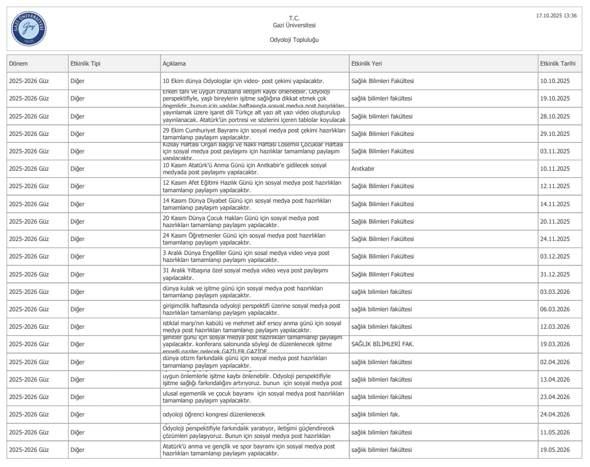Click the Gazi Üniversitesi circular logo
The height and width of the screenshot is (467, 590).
(x=28, y=28)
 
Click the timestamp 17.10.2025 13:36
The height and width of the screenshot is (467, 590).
(x=556, y=16)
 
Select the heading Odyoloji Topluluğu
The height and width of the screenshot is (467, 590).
(x=294, y=40)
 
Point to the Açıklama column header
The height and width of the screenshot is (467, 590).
(x=174, y=63)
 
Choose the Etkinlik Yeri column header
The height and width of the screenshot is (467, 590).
(x=366, y=63)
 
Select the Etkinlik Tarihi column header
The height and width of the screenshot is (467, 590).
(x=557, y=63)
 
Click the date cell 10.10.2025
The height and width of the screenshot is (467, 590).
(x=555, y=81)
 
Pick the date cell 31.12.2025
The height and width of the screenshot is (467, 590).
(x=555, y=274)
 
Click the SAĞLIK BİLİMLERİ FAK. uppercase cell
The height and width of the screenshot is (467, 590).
(x=382, y=344)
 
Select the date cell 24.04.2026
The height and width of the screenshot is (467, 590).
(x=555, y=415)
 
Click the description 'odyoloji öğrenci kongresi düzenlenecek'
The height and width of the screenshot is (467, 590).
(x=213, y=415)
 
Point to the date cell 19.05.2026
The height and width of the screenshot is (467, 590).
(x=555, y=450)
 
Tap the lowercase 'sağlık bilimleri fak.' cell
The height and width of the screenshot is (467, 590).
(x=376, y=415)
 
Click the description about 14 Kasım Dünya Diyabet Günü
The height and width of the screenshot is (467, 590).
(x=246, y=204)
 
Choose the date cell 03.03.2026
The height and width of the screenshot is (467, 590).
(x=555, y=292)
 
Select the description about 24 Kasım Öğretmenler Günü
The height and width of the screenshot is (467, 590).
(x=244, y=239)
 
